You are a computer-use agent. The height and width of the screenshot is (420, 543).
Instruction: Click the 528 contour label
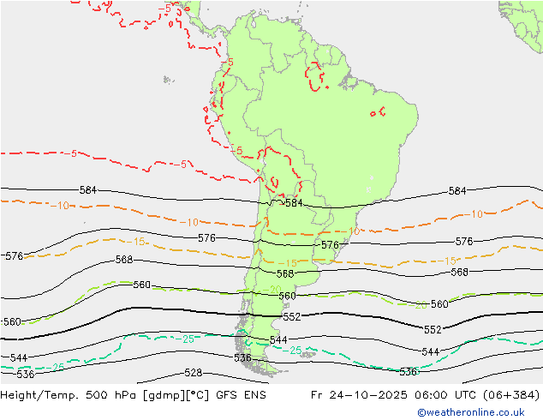(193, 373)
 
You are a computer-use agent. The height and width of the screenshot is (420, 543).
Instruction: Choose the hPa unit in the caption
(119, 396)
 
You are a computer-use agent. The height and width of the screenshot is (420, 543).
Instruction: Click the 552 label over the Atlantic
(433, 330)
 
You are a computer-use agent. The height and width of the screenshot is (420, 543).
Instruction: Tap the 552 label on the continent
(291, 317)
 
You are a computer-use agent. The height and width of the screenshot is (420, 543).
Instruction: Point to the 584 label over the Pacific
(87, 190)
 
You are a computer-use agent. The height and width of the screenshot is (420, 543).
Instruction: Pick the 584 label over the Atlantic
(457, 191)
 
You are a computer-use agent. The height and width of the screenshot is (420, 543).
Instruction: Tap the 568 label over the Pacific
(124, 260)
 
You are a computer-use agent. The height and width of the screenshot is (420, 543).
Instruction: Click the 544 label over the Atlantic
(430, 352)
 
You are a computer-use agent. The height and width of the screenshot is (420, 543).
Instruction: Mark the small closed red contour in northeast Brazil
(377, 111)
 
